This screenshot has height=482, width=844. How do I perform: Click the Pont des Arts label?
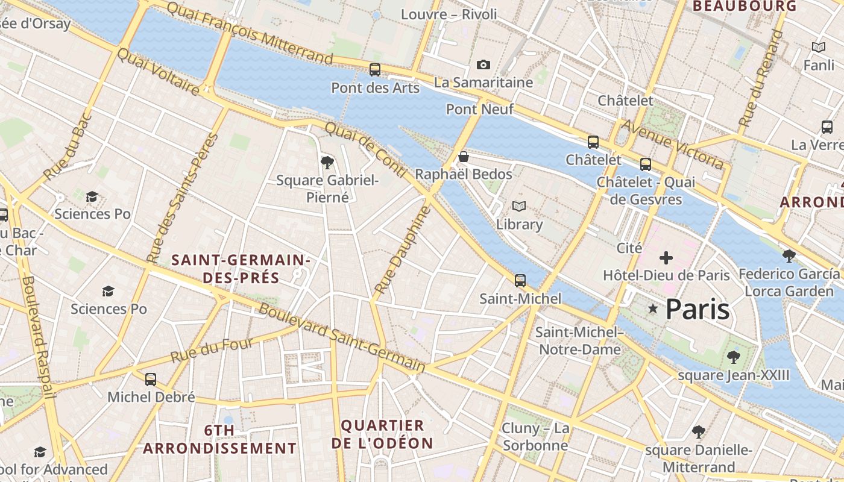[x=375, y=88]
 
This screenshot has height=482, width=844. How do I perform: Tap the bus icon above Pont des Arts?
[x=375, y=70]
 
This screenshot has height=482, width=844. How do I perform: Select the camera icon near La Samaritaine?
[x=483, y=64]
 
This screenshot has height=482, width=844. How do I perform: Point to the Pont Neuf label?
[x=479, y=109]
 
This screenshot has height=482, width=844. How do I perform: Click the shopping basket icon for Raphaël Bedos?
[x=464, y=157]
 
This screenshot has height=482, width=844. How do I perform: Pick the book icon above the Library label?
[x=518, y=207]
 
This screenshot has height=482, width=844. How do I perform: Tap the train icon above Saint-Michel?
[x=520, y=281]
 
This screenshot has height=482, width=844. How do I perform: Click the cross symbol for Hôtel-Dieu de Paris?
[x=666, y=258]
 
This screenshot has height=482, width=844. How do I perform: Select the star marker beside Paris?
[x=652, y=309]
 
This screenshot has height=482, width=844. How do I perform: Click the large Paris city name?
[x=698, y=309]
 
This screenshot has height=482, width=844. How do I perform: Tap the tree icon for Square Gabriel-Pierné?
[x=327, y=162]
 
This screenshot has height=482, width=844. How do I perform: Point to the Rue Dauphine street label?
[x=403, y=249]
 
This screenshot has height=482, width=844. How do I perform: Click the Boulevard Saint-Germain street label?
[x=342, y=337]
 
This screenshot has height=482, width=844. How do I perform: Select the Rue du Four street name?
[x=212, y=351]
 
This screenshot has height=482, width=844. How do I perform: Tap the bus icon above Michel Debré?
[x=151, y=380]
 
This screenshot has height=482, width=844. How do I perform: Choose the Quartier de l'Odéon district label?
[x=382, y=434]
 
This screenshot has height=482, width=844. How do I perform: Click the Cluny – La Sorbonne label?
[x=535, y=437]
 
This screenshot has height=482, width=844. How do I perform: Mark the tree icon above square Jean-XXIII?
[x=733, y=357]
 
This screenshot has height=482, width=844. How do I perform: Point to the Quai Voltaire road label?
[x=158, y=72]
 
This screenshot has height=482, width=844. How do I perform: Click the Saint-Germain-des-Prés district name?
[x=241, y=269]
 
